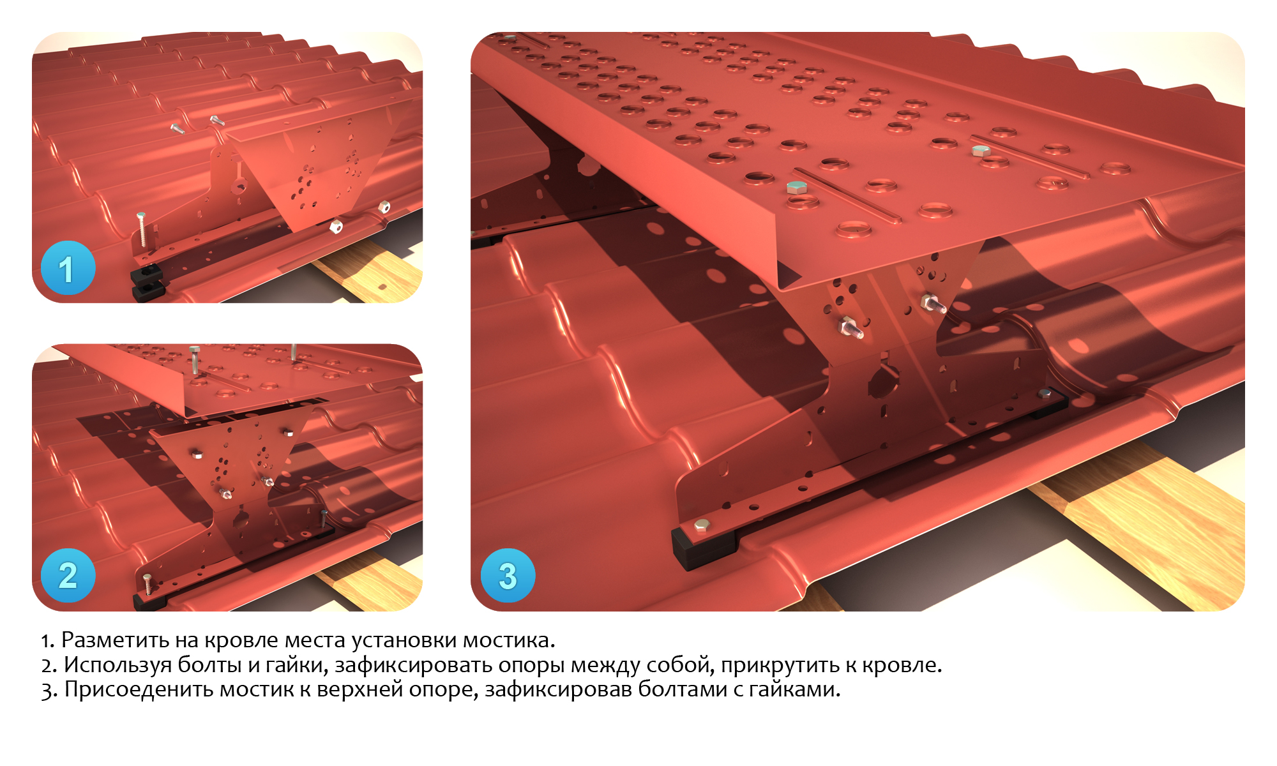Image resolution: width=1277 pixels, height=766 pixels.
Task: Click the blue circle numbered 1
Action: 68,268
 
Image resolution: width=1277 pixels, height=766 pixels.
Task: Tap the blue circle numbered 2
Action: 68,575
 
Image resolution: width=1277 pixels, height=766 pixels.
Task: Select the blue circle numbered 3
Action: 508,575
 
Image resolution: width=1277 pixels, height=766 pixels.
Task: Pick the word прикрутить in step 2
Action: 780,665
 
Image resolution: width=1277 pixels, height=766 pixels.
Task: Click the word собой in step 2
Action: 681,665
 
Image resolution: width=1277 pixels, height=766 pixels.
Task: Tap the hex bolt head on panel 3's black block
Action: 701,525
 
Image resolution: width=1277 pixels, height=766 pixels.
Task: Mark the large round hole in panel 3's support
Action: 883,382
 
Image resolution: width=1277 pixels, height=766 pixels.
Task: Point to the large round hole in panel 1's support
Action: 239,187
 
